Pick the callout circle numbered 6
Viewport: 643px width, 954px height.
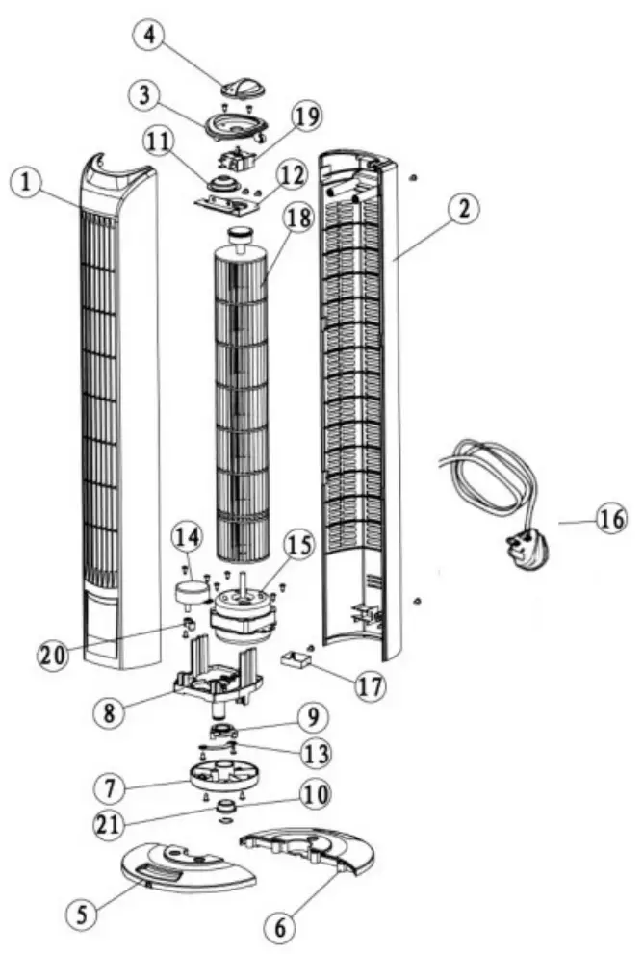click(280, 927)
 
